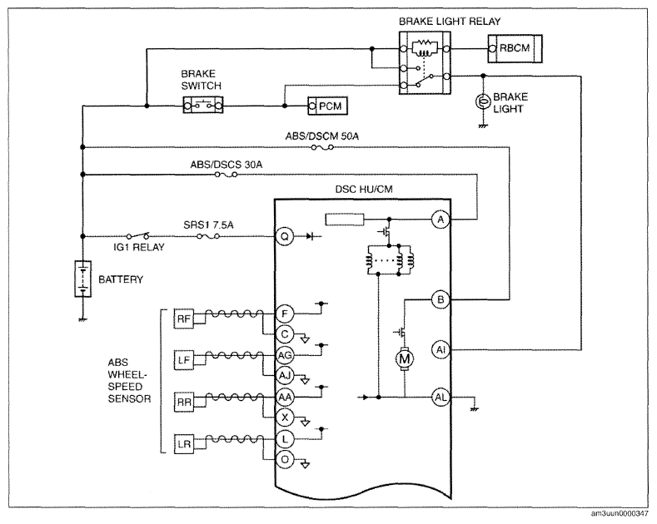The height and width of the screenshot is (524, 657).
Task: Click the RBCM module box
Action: click(515, 49)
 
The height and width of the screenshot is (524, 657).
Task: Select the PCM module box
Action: click(327, 106)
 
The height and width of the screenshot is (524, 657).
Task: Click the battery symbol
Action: click(82, 279)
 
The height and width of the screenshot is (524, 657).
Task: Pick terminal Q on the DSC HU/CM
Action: click(284, 236)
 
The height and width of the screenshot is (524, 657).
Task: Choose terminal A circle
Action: click(440, 220)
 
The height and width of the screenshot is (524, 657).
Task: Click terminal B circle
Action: click(440, 299)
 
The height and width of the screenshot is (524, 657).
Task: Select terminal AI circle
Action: click(440, 350)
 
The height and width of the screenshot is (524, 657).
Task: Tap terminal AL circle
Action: click(440, 397)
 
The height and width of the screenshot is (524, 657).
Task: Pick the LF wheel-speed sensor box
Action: click(183, 360)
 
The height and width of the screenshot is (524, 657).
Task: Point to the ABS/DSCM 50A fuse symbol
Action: click(321, 148)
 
